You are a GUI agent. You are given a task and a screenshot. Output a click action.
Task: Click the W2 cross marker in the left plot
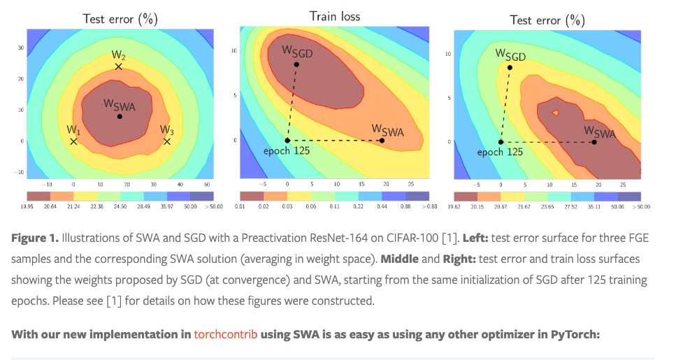click(118, 66)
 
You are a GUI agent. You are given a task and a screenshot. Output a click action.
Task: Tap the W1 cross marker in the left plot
click(73, 141)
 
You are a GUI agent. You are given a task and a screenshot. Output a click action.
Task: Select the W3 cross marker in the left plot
click(167, 141)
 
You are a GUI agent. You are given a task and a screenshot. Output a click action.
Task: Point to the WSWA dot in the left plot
click(120, 116)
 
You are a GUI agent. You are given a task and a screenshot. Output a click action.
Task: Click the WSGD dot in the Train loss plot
click(296, 64)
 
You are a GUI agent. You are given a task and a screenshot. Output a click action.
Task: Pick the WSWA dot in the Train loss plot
click(382, 141)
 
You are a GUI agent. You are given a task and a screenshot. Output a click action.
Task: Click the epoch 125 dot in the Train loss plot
click(287, 141)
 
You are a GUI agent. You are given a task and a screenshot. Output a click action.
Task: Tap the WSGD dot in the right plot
click(510, 68)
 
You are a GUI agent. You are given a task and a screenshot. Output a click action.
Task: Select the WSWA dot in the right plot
click(594, 142)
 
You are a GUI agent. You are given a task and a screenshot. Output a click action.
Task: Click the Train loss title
click(335, 15)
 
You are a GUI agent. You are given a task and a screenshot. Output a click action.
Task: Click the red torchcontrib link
click(226, 334)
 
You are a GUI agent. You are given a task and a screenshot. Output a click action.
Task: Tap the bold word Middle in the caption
click(398, 259)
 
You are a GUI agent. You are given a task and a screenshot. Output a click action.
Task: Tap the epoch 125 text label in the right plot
click(500, 152)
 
